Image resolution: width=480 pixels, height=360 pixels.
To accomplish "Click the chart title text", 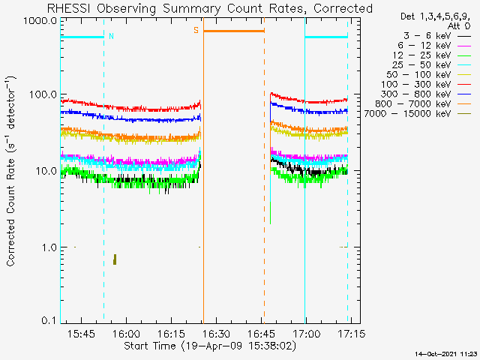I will [x=209, y=8].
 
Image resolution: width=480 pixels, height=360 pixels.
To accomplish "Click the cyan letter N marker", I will [x=111, y=36].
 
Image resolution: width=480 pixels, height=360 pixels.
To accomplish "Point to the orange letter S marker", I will [x=196, y=30].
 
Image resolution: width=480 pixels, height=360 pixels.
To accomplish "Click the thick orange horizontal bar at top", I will [x=234, y=31].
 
